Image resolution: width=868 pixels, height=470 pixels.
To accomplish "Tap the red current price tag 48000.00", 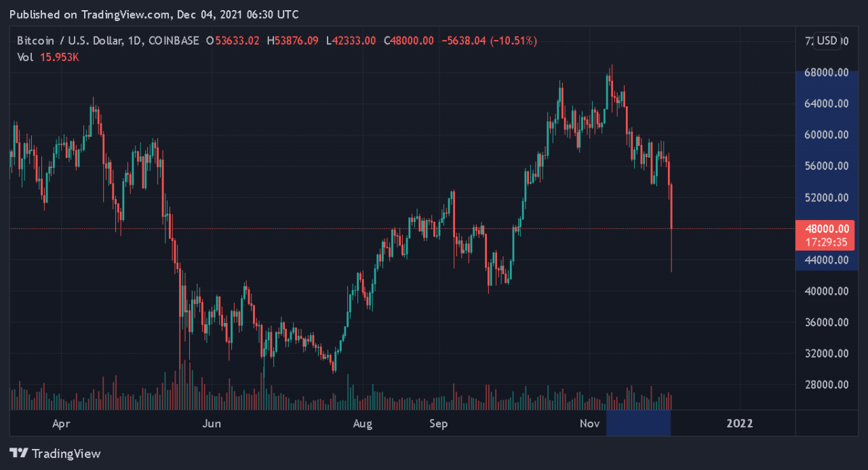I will [x=825, y=229].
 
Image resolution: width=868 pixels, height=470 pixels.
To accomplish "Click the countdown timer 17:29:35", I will [x=825, y=242].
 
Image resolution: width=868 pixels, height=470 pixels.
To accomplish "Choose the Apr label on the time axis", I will [x=62, y=424].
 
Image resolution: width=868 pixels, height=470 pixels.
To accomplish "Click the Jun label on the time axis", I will [x=212, y=424].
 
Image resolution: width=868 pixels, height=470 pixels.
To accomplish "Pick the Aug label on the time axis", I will [x=363, y=424].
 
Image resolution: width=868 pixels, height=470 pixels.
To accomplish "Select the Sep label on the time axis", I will [x=439, y=424].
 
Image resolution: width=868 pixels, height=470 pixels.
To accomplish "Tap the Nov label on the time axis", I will [x=590, y=424].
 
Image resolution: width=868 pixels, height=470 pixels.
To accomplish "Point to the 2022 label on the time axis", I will [x=739, y=424].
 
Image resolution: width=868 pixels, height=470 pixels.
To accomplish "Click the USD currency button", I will [x=827, y=41].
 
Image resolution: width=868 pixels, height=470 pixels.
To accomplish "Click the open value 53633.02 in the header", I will [x=237, y=41].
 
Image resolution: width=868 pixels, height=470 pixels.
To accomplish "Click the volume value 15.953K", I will [x=58, y=57].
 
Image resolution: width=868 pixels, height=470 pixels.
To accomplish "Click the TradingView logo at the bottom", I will [x=55, y=454].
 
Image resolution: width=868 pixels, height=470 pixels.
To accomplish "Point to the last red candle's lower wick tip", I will [x=671, y=272].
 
